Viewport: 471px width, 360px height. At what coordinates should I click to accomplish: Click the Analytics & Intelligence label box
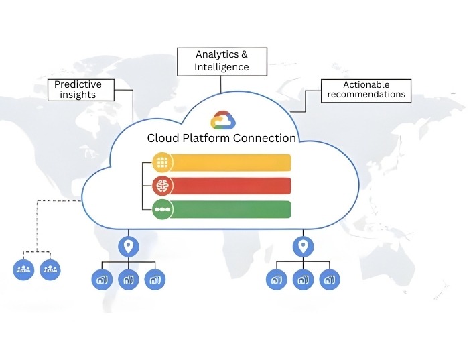click(222, 61)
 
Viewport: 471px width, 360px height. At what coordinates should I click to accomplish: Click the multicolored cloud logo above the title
click(222, 121)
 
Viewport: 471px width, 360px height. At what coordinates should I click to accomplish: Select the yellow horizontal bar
click(231, 162)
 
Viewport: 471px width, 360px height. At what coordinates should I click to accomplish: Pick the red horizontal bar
click(231, 186)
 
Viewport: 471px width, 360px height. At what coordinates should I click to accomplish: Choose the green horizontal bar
click(231, 209)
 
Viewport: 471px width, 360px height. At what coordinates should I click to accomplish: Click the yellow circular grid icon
click(162, 162)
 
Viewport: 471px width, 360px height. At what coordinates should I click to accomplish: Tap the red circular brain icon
click(162, 186)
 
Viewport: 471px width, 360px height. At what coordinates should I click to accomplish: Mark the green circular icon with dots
click(162, 209)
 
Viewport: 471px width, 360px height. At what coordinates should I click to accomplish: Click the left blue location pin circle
click(129, 246)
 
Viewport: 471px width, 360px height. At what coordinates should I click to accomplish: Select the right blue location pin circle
click(304, 246)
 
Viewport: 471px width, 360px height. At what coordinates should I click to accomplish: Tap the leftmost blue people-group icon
click(23, 269)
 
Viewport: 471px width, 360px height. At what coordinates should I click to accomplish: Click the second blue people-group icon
click(50, 269)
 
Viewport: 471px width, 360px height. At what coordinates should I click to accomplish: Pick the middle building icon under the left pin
click(128, 280)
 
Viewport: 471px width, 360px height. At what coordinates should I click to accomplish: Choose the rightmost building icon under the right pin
click(330, 280)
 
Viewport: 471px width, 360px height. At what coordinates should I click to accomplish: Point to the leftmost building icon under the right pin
click(276, 280)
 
